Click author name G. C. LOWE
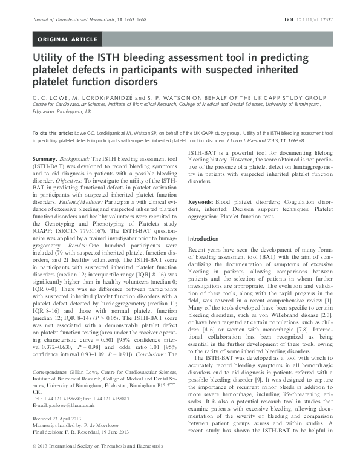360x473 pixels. (x=53, y=96)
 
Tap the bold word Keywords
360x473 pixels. (x=205, y=200)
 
